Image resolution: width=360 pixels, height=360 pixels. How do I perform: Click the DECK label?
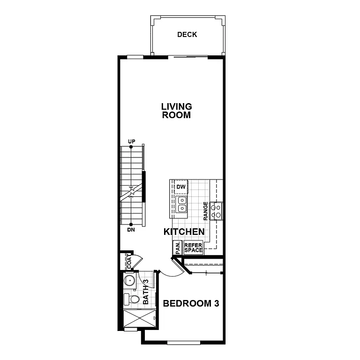[x=187, y=35]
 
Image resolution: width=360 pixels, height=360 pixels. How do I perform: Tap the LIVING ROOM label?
[x=176, y=111]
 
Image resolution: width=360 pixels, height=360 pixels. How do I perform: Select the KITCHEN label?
[x=184, y=232]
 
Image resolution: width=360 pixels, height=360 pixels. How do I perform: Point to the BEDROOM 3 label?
[x=191, y=304]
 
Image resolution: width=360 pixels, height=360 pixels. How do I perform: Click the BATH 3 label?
[x=146, y=292]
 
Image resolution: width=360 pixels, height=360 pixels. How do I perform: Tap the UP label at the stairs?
[x=131, y=142]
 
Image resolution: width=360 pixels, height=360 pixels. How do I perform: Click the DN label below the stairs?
[x=131, y=230]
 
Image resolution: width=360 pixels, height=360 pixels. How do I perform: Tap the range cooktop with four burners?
[x=217, y=210]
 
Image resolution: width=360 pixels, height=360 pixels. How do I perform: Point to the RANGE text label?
[x=205, y=211]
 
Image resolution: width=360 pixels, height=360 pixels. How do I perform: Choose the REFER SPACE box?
[x=193, y=248]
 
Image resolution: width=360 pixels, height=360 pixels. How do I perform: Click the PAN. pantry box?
[x=178, y=247]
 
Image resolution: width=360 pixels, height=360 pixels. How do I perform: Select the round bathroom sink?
[x=129, y=281]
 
